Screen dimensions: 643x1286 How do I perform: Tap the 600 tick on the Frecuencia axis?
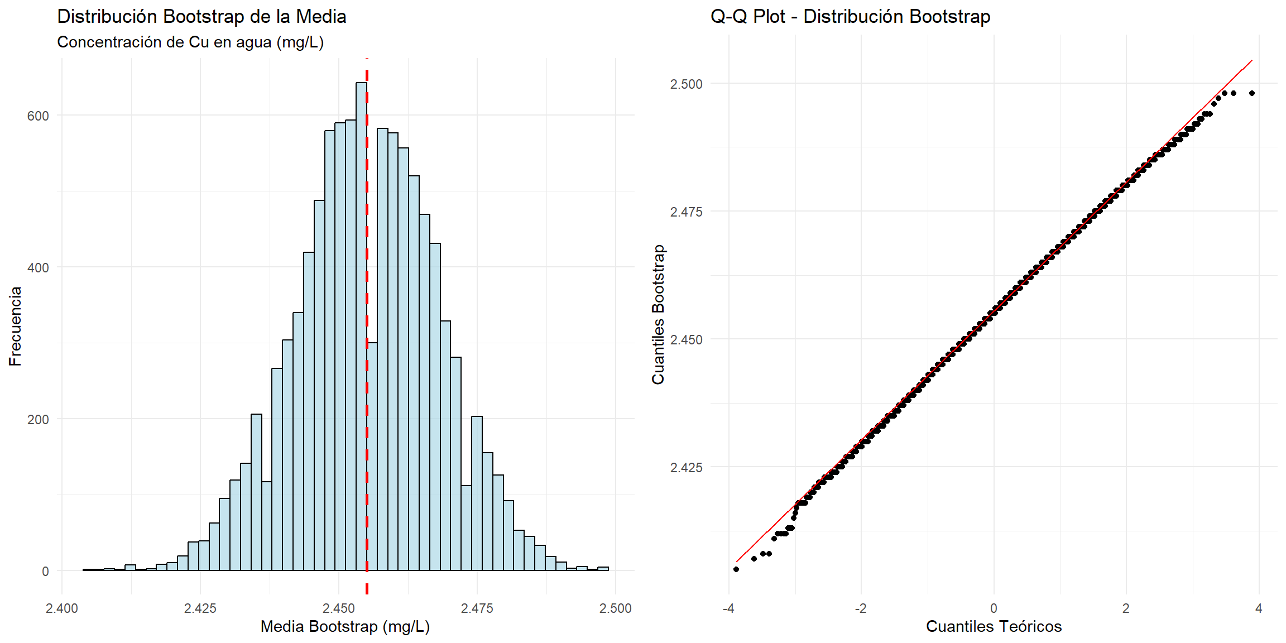pyautogui.click(x=38, y=116)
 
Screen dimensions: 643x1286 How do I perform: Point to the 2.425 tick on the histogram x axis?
pyautogui.click(x=200, y=608)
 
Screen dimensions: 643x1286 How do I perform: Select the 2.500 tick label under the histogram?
pyautogui.click(x=615, y=608)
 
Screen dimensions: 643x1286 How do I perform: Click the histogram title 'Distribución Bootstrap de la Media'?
pyautogui.click(x=201, y=17)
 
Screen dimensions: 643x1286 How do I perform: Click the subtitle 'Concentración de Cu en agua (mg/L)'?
pyautogui.click(x=190, y=42)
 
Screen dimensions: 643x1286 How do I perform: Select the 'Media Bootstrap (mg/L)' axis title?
pyautogui.click(x=345, y=626)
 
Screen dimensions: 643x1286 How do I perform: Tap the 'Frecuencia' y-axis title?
pyautogui.click(x=15, y=326)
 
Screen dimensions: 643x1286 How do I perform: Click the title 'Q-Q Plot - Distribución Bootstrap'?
pyautogui.click(x=850, y=17)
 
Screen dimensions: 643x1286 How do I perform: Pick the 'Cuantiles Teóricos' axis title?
pyautogui.click(x=994, y=626)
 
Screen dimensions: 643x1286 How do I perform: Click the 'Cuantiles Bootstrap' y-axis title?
pyautogui.click(x=659, y=315)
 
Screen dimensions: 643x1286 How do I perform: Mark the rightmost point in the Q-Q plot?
pyautogui.click(x=1252, y=93)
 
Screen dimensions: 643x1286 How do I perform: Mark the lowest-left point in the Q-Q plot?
pyautogui.click(x=736, y=569)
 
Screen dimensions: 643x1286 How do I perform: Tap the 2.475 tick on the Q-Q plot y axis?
pyautogui.click(x=686, y=212)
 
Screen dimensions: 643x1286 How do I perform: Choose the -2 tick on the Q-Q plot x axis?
pyautogui.click(x=861, y=608)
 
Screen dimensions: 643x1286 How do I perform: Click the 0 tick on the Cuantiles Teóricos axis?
pyautogui.click(x=994, y=608)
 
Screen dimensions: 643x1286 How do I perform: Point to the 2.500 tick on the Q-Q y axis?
pyautogui.click(x=686, y=84)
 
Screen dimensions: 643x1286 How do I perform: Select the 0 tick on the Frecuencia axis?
pyautogui.click(x=45, y=571)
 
